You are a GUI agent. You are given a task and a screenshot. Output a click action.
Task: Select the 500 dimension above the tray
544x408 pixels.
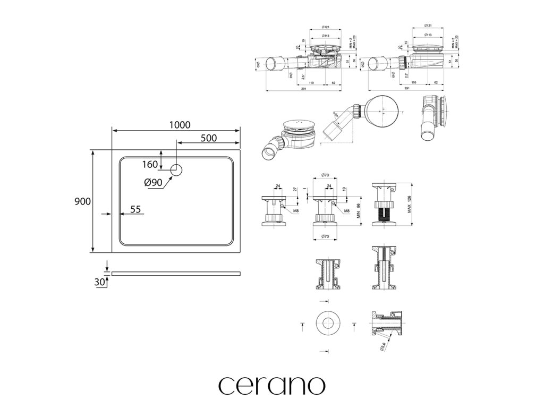pos(209,138)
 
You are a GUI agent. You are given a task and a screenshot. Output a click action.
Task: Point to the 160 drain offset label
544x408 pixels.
pos(150,164)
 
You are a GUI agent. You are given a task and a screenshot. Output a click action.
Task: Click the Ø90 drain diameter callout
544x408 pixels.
pos(153,182)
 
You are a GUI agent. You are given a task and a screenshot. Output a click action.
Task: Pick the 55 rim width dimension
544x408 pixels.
pos(135,209)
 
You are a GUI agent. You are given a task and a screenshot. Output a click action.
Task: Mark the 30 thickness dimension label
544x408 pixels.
pos(99,282)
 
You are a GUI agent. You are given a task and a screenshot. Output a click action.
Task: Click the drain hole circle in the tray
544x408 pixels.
pos(176,170)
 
